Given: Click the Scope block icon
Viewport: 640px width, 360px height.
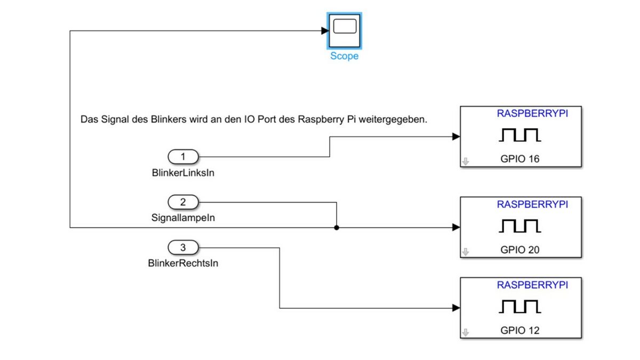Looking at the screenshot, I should click(345, 31).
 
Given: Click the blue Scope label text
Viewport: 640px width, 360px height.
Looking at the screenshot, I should click(345, 56).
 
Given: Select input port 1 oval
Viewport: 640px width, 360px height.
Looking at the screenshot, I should click(183, 157).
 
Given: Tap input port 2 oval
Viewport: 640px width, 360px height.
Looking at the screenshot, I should click(183, 202).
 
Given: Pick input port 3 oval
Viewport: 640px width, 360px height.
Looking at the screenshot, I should click(183, 247).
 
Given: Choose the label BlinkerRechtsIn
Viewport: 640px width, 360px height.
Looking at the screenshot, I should click(183, 263).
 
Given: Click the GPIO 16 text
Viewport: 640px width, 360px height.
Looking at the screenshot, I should click(520, 158).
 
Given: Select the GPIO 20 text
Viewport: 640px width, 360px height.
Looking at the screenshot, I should click(520, 249).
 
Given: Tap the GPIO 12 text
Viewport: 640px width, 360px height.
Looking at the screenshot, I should click(520, 330).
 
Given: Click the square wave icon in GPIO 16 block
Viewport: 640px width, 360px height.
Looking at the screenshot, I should click(520, 135).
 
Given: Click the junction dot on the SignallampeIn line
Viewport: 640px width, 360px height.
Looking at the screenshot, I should click(337, 228).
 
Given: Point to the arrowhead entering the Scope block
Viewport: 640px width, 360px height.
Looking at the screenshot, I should click(325, 31).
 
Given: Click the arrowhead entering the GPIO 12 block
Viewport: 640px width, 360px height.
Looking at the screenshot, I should click(456, 308).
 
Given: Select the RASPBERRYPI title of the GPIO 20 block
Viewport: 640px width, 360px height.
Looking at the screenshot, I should click(532, 204).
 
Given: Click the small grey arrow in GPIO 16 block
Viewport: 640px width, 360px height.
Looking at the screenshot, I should click(466, 162).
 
